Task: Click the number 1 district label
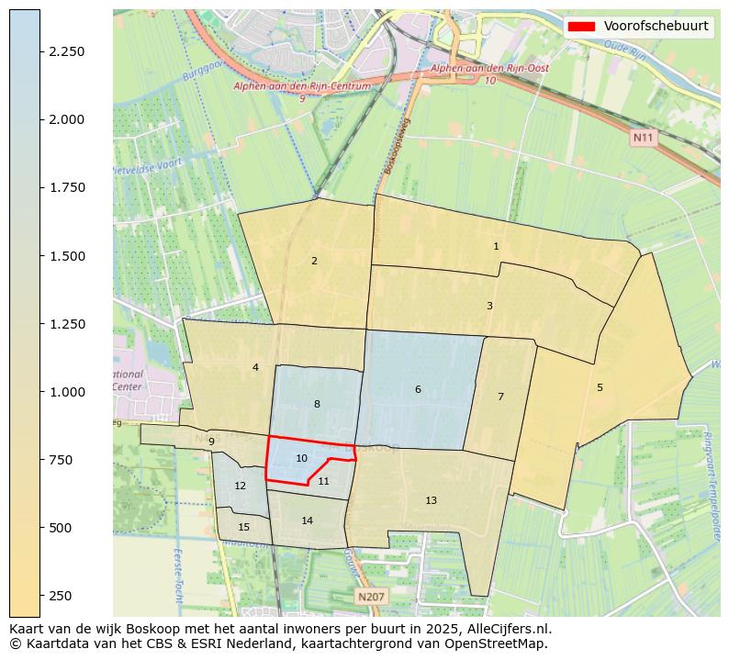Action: (x=496, y=246)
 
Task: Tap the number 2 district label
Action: (x=314, y=261)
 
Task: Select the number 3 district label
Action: (x=489, y=306)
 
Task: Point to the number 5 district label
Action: (x=600, y=387)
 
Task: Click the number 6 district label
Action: (x=418, y=389)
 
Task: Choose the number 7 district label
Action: (x=500, y=397)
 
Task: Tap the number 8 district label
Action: (x=317, y=404)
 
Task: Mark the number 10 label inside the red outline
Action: (x=301, y=458)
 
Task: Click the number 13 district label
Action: (x=431, y=500)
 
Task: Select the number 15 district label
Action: (x=243, y=527)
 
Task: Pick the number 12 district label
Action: (x=240, y=486)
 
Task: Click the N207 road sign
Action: (x=371, y=597)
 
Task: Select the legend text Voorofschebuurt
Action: (x=656, y=27)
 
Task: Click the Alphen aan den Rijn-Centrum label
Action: (x=302, y=86)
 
